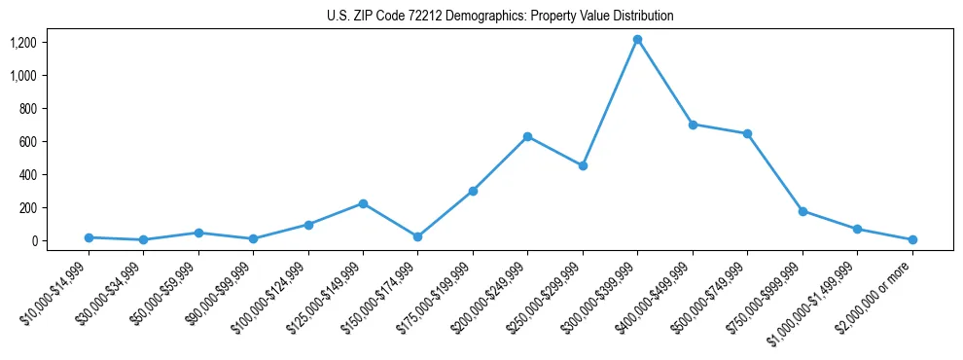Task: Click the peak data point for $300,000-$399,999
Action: pos(637,40)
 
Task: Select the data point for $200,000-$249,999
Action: pos(527,136)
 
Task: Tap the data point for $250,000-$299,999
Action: pos(583,166)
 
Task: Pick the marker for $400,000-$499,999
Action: pos(693,125)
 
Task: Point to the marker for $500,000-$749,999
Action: pos(747,133)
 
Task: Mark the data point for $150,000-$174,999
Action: pos(417,236)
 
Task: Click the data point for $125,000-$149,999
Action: pos(363,203)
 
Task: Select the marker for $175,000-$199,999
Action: pos(473,191)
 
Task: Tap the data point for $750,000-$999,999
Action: pos(802,211)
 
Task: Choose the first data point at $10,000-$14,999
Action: pos(89,237)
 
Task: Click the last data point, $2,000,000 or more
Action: pos(912,239)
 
